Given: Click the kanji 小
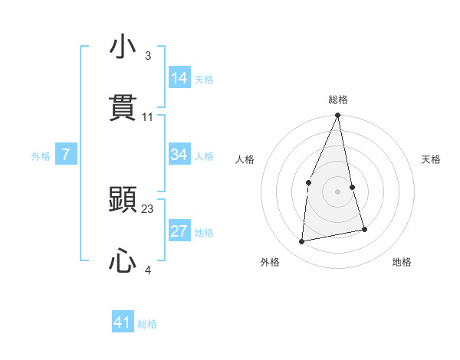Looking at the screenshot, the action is pyautogui.click(x=123, y=47).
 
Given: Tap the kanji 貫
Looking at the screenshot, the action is pyautogui.click(x=123, y=108).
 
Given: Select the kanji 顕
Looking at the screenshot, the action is pyautogui.click(x=123, y=201).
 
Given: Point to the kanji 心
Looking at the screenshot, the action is pyautogui.click(x=123, y=262).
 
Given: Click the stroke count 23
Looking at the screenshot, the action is pyautogui.click(x=148, y=208).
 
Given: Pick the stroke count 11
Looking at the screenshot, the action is pyautogui.click(x=148, y=117).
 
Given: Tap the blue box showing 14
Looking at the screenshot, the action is pyautogui.click(x=179, y=78).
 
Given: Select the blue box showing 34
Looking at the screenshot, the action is pyautogui.click(x=179, y=155).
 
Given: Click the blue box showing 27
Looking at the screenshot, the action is pyautogui.click(x=179, y=231).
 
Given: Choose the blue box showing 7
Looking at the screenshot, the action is pyautogui.click(x=66, y=155).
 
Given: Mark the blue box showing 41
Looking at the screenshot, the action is pyautogui.click(x=123, y=322).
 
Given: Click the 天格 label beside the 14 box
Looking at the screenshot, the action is pyautogui.click(x=204, y=80).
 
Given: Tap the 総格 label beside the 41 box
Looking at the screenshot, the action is pyautogui.click(x=147, y=324).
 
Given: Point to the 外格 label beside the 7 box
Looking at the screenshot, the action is pyautogui.click(x=41, y=156).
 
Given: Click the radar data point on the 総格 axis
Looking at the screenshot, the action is pyautogui.click(x=337, y=116).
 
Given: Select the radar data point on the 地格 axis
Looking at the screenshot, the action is pyautogui.click(x=364, y=229).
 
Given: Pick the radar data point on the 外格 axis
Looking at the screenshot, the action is pyautogui.click(x=302, y=241).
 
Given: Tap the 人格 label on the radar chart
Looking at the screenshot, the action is pyautogui.click(x=245, y=159).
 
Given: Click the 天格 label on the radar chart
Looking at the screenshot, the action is pyautogui.click(x=432, y=159).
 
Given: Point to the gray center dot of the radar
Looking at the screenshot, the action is pyautogui.click(x=337, y=191).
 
